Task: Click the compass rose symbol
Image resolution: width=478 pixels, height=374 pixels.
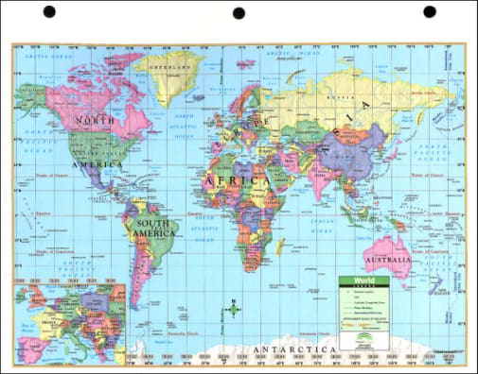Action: point(232,309)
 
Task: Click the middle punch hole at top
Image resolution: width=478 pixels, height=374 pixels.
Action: point(239,12)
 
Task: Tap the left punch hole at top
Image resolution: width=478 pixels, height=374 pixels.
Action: point(49,12)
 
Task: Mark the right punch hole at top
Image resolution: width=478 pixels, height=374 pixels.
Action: point(429,12)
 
